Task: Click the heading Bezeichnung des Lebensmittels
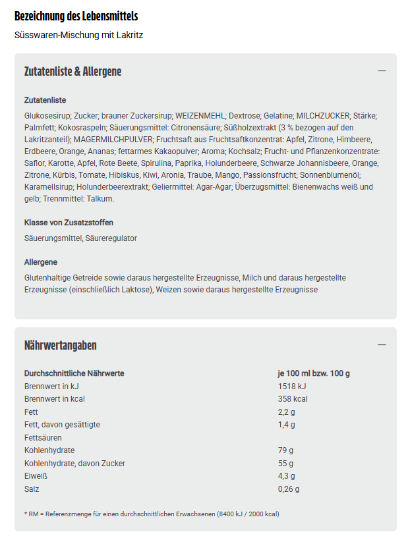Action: (x=76, y=16)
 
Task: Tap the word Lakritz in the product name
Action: (x=129, y=35)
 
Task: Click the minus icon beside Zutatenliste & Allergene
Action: (x=382, y=71)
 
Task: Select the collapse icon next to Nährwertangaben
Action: (x=382, y=345)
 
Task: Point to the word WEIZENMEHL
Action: (x=200, y=115)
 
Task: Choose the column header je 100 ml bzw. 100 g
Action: (x=314, y=373)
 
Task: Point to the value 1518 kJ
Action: (x=292, y=386)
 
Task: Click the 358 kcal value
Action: (x=293, y=398)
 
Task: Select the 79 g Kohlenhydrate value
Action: (x=285, y=450)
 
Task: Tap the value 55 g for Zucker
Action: (x=285, y=463)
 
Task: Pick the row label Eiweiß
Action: (x=36, y=476)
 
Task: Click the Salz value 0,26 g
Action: (x=289, y=489)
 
